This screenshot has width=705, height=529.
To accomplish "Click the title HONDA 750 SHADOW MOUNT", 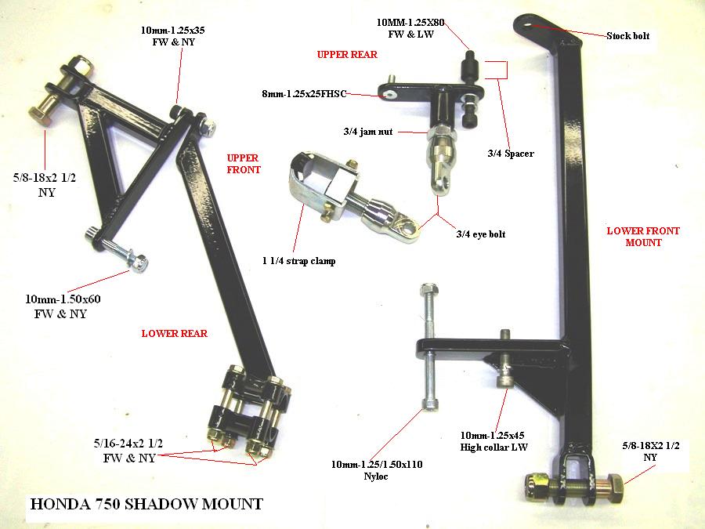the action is point(146,504).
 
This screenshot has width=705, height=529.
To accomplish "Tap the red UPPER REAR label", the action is point(347,54).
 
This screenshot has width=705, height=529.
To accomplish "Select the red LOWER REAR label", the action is point(175,333).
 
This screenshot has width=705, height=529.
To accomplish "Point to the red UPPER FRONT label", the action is point(244,164).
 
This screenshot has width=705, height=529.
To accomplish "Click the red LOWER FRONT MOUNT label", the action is point(643,237).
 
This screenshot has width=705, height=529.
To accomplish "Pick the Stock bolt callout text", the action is point(627,36).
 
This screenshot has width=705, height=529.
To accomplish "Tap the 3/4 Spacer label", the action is point(511,154).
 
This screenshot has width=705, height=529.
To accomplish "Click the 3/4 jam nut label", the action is point(368,132).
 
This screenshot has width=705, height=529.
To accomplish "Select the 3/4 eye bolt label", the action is point(481,234).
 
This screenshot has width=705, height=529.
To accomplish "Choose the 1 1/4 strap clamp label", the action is point(299,261).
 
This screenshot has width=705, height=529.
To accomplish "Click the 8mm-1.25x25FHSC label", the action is point(304,94).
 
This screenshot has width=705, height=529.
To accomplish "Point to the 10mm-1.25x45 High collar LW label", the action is point(493,441).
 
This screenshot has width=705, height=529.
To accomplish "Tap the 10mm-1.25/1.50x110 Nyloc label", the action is point(377,470).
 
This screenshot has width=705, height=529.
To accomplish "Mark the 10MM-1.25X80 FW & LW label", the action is point(410,28).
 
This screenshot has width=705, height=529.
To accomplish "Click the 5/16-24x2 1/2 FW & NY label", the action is point(128,451).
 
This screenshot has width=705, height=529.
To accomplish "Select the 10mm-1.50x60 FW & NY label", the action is point(63,306).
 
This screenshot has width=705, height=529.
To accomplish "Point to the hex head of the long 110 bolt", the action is point(428,289).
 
